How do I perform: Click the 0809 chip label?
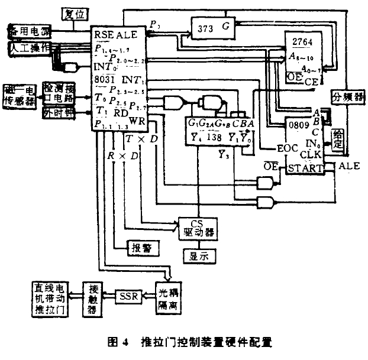[298, 126]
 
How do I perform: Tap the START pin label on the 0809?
[306, 168]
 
